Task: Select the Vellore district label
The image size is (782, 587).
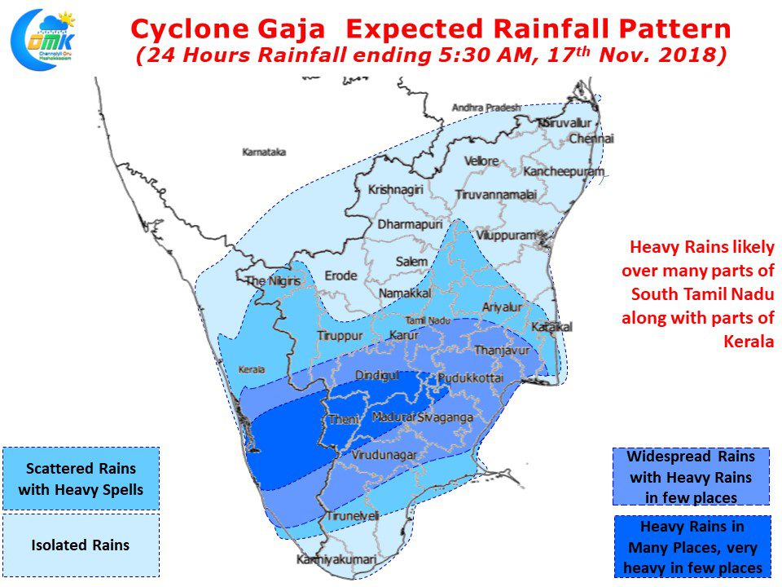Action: click(x=481, y=161)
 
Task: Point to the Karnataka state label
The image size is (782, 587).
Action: click(x=264, y=152)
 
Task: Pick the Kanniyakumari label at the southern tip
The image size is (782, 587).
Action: click(x=336, y=560)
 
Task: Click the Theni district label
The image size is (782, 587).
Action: click(x=336, y=421)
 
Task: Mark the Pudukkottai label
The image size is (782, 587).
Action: click(x=471, y=379)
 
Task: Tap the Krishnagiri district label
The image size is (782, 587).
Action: click(x=396, y=189)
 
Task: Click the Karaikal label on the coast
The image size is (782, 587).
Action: click(x=552, y=327)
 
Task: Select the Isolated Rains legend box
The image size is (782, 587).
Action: click(x=81, y=545)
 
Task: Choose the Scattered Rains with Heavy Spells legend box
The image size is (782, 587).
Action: click(x=81, y=479)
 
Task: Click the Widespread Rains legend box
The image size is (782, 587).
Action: click(x=690, y=476)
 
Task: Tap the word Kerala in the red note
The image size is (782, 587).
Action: click(x=748, y=342)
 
